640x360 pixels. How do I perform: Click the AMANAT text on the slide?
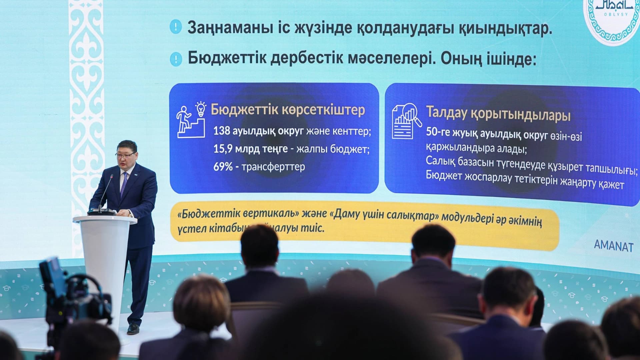point(613,246)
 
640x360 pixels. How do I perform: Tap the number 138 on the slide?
point(222,131)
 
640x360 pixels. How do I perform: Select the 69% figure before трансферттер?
point(223,167)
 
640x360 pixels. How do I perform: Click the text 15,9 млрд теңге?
point(250,149)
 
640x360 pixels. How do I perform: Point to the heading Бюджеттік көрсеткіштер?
point(288,110)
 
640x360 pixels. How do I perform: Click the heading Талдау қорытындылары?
point(498,114)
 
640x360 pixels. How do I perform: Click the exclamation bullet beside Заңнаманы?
point(175,27)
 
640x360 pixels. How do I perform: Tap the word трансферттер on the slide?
point(273,167)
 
